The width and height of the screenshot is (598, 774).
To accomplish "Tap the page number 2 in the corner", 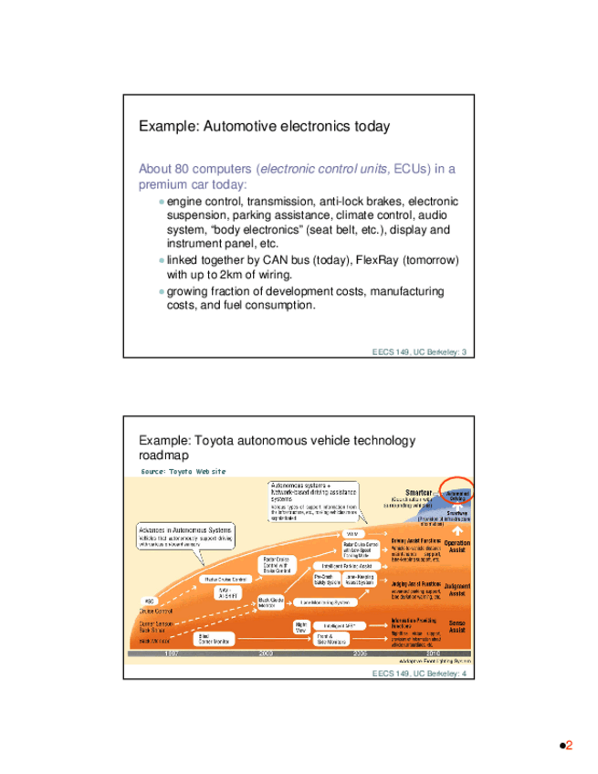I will pyautogui.click(x=568, y=746).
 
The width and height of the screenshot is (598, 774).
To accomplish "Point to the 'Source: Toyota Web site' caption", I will pyautogui.click(x=183, y=471).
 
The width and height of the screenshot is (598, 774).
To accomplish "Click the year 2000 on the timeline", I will pyautogui.click(x=266, y=654).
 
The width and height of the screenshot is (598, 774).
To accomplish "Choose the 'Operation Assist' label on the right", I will pyautogui.click(x=456, y=547).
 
